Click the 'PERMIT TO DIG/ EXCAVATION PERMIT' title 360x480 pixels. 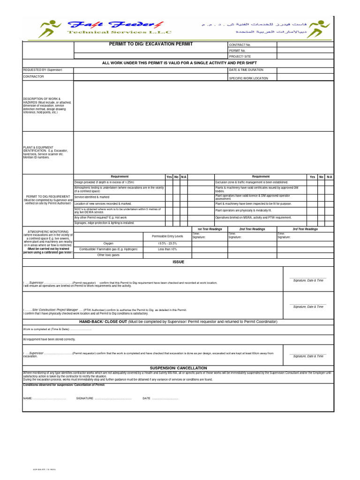click(150, 44)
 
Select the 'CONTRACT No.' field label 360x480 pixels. click(240, 45)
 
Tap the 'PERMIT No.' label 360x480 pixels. click(237, 51)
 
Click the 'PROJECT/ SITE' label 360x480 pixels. click(240, 56)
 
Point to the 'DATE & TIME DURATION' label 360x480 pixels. click(246, 70)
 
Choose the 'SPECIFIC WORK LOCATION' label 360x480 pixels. click(248, 78)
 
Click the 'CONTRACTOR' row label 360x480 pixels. click(33, 76)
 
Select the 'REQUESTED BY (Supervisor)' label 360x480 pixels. click(42, 70)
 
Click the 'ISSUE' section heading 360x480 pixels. click(178, 262)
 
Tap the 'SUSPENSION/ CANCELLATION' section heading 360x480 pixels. click(178, 368)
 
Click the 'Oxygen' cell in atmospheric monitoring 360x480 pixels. click(108, 244)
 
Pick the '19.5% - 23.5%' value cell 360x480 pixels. click(167, 244)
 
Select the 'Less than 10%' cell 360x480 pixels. click(167, 249)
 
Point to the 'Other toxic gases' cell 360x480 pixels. click(108, 255)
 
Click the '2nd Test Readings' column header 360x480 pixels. click(252, 229)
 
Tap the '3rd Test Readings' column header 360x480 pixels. click(305, 229)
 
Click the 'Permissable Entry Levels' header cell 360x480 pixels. click(167, 236)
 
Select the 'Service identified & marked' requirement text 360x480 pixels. click(92, 197)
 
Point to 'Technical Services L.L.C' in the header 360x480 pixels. click(120, 32)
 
